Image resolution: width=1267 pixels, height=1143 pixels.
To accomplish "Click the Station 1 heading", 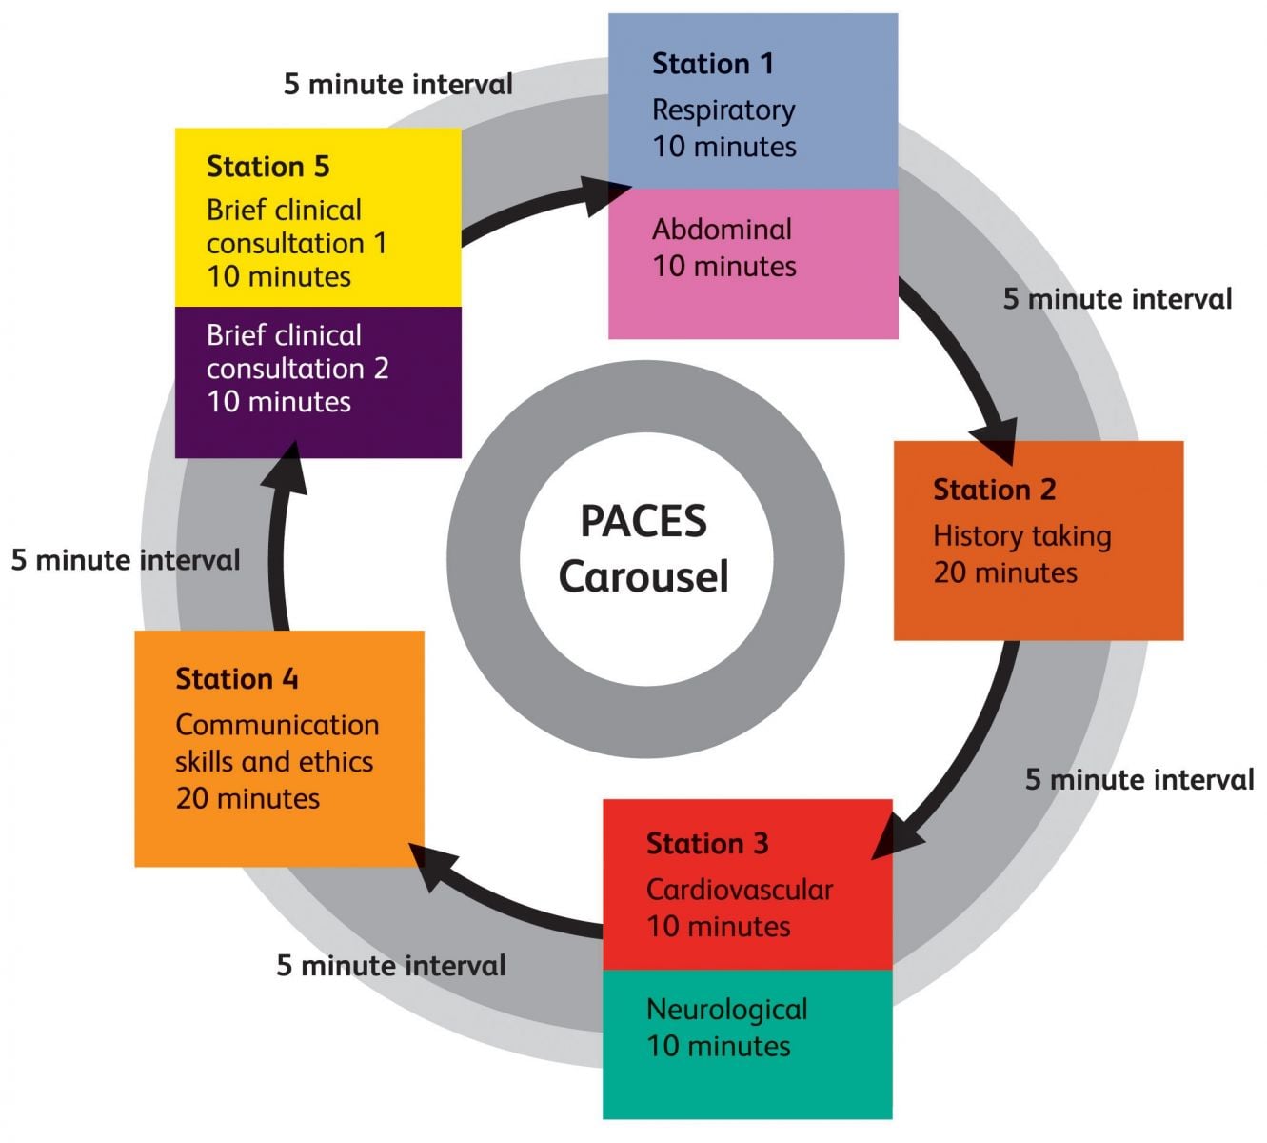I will pos(712,64).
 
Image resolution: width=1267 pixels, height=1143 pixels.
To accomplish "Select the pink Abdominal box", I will pos(752,263).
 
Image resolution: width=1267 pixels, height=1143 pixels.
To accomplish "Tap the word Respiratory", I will pos(723,110).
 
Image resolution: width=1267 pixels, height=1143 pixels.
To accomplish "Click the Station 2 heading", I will pos(994,490).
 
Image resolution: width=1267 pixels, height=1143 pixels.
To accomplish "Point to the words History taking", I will pos(1021,536).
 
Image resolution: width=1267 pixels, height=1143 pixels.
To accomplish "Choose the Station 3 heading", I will pos(706,844).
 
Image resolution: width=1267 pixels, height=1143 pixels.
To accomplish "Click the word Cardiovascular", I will pos(739,890).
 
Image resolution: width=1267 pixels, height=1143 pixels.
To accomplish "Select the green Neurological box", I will pos(746,1044).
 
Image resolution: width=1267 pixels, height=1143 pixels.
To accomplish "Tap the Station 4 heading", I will pos(236,679).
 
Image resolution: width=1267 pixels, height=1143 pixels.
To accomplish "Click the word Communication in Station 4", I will pos(277,725).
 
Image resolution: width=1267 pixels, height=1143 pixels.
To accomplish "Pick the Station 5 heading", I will pos(267,167).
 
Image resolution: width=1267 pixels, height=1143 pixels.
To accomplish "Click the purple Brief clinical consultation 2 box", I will pos(318,381).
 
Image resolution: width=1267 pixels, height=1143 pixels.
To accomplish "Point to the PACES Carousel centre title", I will pos(643,549).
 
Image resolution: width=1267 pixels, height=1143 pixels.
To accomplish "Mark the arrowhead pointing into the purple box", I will pos(292,464).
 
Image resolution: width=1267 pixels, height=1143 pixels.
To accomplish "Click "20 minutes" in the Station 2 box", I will pos(1004,572).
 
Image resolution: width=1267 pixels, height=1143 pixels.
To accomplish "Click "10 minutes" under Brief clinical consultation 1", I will pos(278,277).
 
